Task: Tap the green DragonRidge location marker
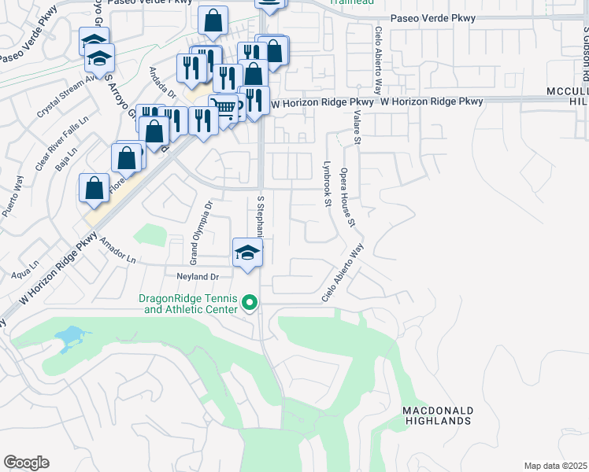coord(250,302)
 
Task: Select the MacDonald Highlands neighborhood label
coord(437,416)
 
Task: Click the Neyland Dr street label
coord(197,277)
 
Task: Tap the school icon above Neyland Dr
coord(247,253)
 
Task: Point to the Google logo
coord(26,463)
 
